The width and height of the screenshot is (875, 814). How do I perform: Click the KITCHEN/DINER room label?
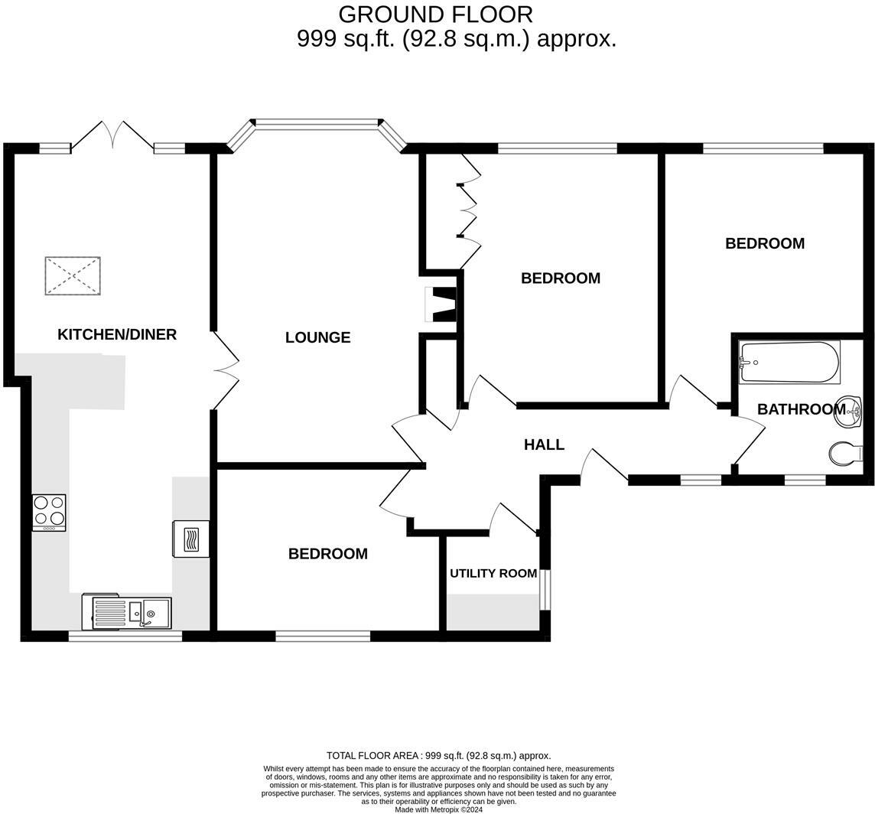point(117,334)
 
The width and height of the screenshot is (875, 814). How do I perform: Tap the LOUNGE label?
point(318,337)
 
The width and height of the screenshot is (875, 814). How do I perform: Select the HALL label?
point(544,444)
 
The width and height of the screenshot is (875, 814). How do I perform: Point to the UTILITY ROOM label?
point(493,573)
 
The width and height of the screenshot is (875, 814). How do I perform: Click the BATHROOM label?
point(802,409)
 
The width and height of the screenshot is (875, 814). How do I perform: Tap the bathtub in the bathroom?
point(789,362)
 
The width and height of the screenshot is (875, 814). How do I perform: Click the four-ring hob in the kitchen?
point(49,513)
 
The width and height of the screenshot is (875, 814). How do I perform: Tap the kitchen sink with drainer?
point(127,612)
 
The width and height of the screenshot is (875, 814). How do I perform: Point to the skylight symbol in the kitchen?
point(73,276)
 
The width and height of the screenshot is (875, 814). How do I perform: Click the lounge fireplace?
point(441,304)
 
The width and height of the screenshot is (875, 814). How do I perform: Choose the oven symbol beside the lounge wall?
point(191,539)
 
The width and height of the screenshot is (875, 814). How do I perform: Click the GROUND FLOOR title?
point(436,14)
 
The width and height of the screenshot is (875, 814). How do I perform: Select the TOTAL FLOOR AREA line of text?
point(438,756)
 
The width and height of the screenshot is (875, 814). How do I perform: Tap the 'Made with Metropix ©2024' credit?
point(438,809)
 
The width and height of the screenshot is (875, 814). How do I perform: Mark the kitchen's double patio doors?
point(112,135)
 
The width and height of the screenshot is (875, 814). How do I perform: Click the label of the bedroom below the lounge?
point(328,554)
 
